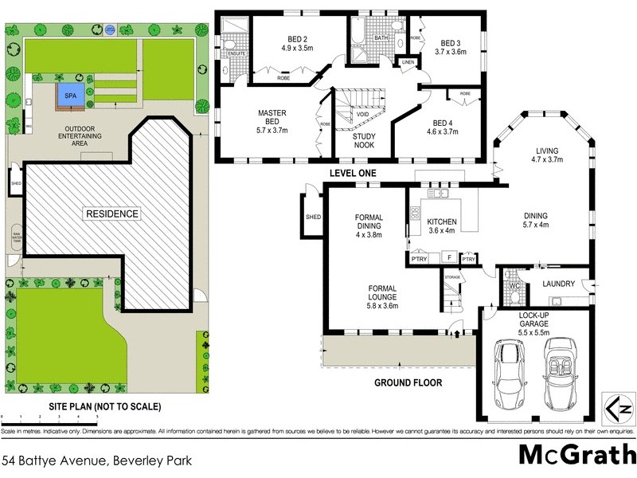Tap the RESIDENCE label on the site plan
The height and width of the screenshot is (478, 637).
click(113, 214)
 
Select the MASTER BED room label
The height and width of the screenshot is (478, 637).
click(272, 122)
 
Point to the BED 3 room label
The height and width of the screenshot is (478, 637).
click(450, 47)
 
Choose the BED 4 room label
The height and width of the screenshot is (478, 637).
click(444, 127)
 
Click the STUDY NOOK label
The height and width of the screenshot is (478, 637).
click(363, 141)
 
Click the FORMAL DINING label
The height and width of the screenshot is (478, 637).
click(369, 225)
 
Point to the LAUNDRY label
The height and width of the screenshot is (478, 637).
click(558, 283)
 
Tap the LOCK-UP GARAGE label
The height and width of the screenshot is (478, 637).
click(535, 320)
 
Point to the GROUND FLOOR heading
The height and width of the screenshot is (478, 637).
click(408, 382)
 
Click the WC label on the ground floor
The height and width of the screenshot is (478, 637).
click(514, 284)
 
